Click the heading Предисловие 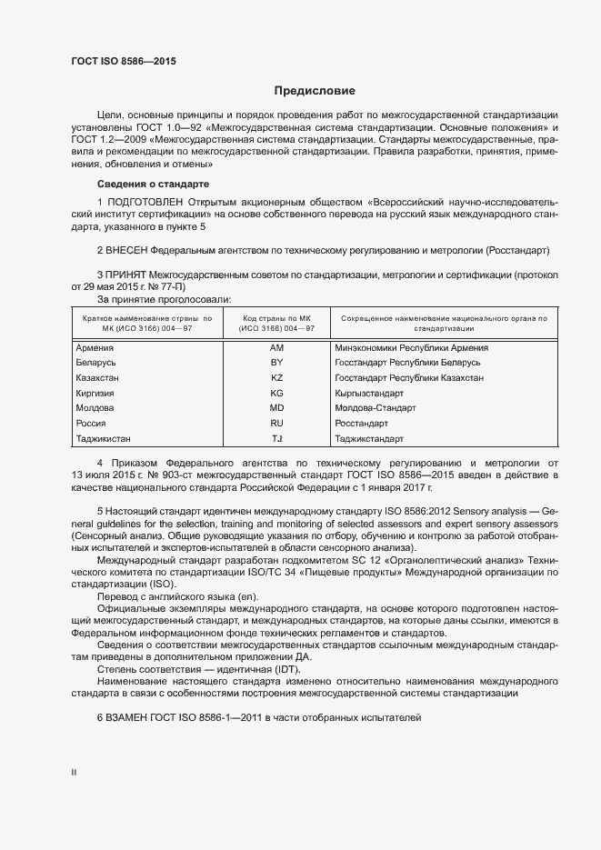pyautogui.click(x=315, y=91)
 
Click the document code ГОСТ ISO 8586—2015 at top pyautogui.click(x=124, y=61)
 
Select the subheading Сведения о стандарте pyautogui.click(x=146, y=185)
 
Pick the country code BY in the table pyautogui.click(x=277, y=362)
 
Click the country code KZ pyautogui.click(x=277, y=377)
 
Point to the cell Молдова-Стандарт pyautogui.click(x=375, y=408)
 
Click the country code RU pyautogui.click(x=277, y=424)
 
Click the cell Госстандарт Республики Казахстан pyautogui.click(x=409, y=377)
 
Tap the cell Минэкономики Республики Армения pyautogui.click(x=411, y=347)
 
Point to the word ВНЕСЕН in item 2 pyautogui.click(x=127, y=250)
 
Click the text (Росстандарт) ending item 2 pyautogui.click(x=518, y=250)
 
